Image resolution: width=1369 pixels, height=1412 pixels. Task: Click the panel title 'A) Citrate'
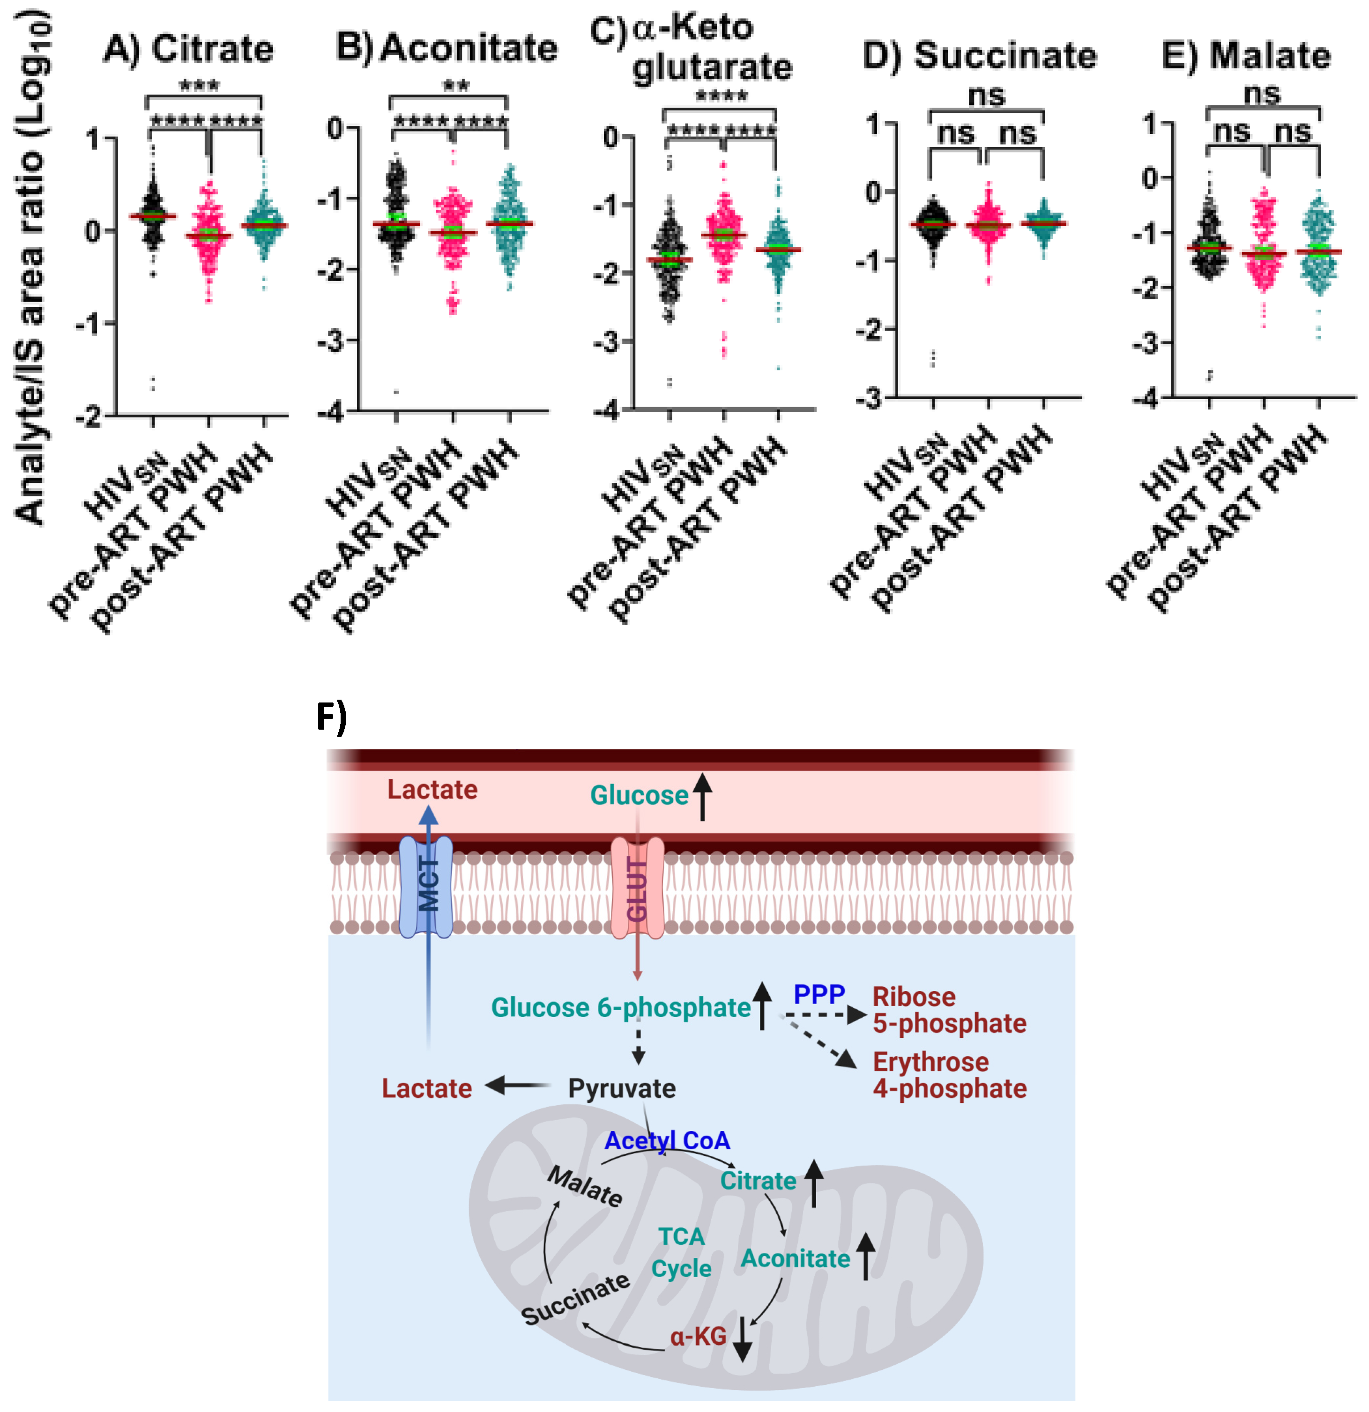189,49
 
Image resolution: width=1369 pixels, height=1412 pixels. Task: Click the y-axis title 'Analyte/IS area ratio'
32,266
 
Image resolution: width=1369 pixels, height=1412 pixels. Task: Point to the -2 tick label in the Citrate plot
89,416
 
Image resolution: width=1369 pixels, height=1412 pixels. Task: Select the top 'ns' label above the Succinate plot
986,95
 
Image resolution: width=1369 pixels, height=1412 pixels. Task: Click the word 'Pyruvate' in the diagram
622,1088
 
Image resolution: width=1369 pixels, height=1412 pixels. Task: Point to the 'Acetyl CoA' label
667,1140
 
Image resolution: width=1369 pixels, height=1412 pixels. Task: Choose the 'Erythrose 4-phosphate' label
949,1075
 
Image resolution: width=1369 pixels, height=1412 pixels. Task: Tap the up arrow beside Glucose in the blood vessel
702,795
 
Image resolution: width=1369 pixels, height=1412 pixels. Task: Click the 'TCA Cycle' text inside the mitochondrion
681,1252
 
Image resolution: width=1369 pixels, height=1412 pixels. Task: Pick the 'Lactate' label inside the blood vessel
432,790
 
